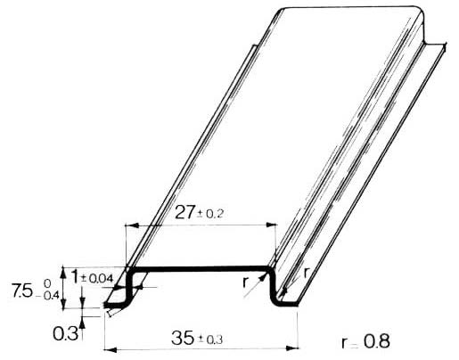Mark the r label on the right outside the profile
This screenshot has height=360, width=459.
click(307, 271)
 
